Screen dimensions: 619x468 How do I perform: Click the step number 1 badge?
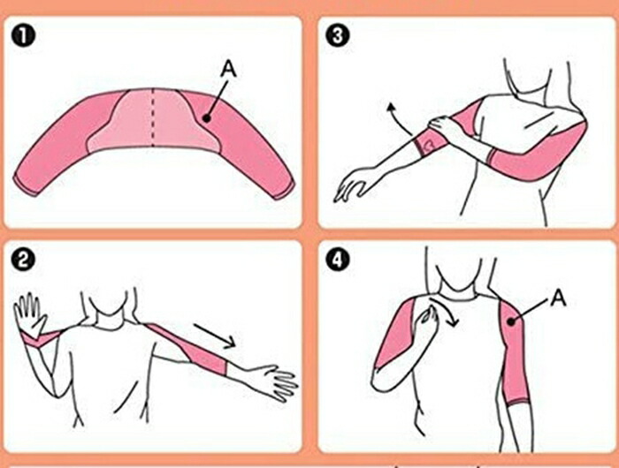(23, 35)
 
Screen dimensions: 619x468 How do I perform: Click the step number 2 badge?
(23, 260)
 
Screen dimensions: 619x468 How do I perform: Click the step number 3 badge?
(338, 35)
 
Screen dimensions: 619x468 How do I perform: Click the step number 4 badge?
(338, 260)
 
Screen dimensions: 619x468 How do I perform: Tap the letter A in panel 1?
(228, 69)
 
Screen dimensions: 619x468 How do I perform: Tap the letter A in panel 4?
(558, 298)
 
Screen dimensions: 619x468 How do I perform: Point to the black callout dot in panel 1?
(206, 118)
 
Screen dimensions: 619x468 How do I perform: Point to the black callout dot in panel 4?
(512, 322)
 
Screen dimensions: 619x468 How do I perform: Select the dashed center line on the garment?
(153, 117)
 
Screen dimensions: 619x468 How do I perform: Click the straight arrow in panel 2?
(214, 336)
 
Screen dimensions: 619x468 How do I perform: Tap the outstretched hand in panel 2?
(273, 381)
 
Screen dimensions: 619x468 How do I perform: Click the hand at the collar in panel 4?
(425, 321)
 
